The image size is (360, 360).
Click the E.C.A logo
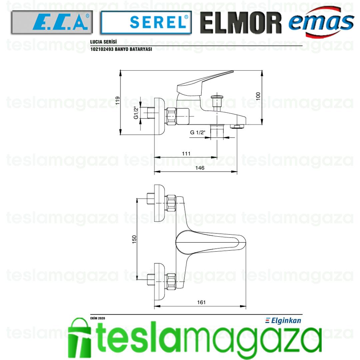[x=52, y=22]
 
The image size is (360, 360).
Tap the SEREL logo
[x=146, y=22]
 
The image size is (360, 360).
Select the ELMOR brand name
[x=241, y=23]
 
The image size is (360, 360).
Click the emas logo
[x=321, y=22]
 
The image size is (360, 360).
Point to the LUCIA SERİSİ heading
[x=103, y=42]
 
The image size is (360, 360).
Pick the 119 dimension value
[x=118, y=101]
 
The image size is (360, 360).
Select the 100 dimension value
[x=258, y=96]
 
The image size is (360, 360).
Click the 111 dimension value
[x=186, y=154]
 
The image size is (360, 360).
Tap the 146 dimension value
[x=200, y=168]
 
